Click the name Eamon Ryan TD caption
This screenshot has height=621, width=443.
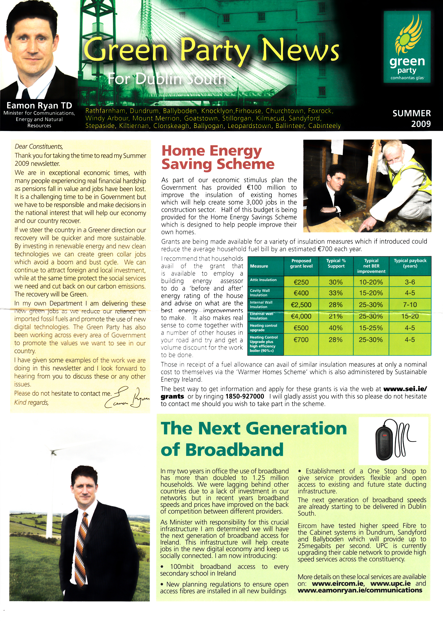pos(39,106)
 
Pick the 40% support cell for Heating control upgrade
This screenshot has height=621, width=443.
pos(336,328)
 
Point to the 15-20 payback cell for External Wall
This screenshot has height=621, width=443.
pos(410,316)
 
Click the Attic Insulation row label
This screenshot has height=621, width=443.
pos(263,280)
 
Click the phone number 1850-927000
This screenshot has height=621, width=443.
pos(245,396)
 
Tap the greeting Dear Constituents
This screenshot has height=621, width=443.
pos(39,146)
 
